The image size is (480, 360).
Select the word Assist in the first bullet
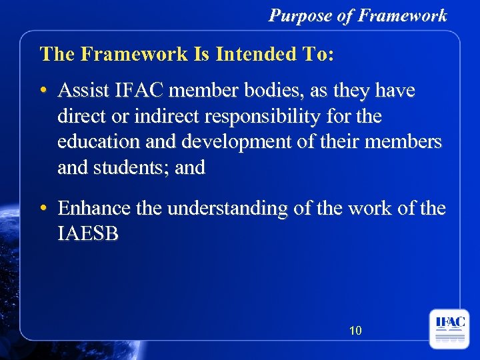point(82,91)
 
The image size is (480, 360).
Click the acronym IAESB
point(88,234)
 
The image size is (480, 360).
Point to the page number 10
point(355,329)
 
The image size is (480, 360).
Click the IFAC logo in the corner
point(449,328)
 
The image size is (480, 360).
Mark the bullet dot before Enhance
point(43,209)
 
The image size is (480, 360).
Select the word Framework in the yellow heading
point(137,54)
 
